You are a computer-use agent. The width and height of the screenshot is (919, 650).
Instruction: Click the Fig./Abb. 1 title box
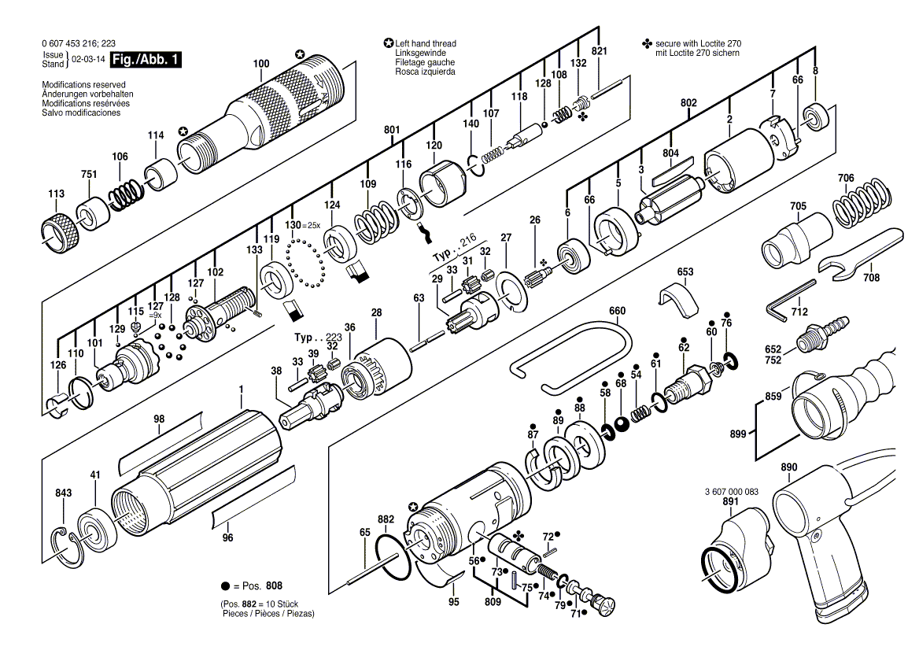[x=146, y=60]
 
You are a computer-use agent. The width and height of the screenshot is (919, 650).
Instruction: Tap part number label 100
[x=260, y=63]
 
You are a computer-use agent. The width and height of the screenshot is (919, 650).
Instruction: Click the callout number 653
[x=685, y=271]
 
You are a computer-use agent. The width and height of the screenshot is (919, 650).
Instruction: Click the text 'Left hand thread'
[x=426, y=43]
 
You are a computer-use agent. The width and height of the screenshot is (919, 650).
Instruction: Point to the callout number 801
[x=392, y=130]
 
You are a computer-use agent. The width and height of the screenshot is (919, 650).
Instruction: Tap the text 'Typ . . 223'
[x=318, y=338]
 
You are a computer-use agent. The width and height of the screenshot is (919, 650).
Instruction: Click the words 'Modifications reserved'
[x=84, y=85]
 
